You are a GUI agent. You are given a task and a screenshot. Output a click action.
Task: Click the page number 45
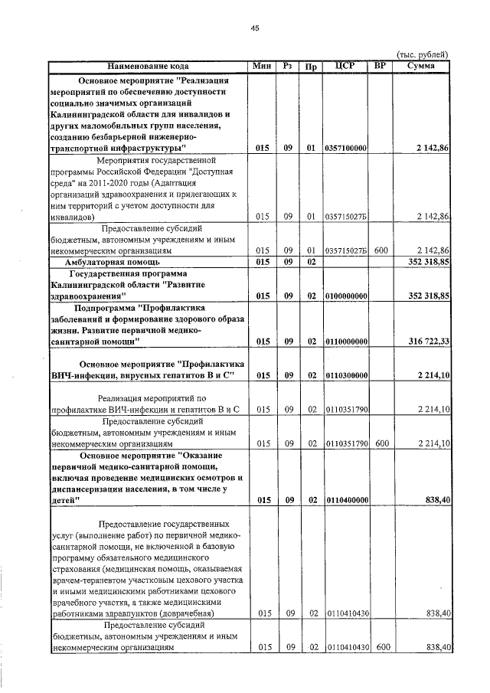(x=254, y=28)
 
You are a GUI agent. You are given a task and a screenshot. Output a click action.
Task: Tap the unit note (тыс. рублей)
(x=421, y=54)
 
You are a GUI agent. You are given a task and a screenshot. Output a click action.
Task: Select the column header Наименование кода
(x=148, y=66)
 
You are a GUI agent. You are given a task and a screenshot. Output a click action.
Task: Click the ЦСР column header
(x=346, y=66)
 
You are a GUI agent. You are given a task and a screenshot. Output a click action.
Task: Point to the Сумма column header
(x=421, y=66)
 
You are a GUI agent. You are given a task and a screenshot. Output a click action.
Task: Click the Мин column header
(x=262, y=66)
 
